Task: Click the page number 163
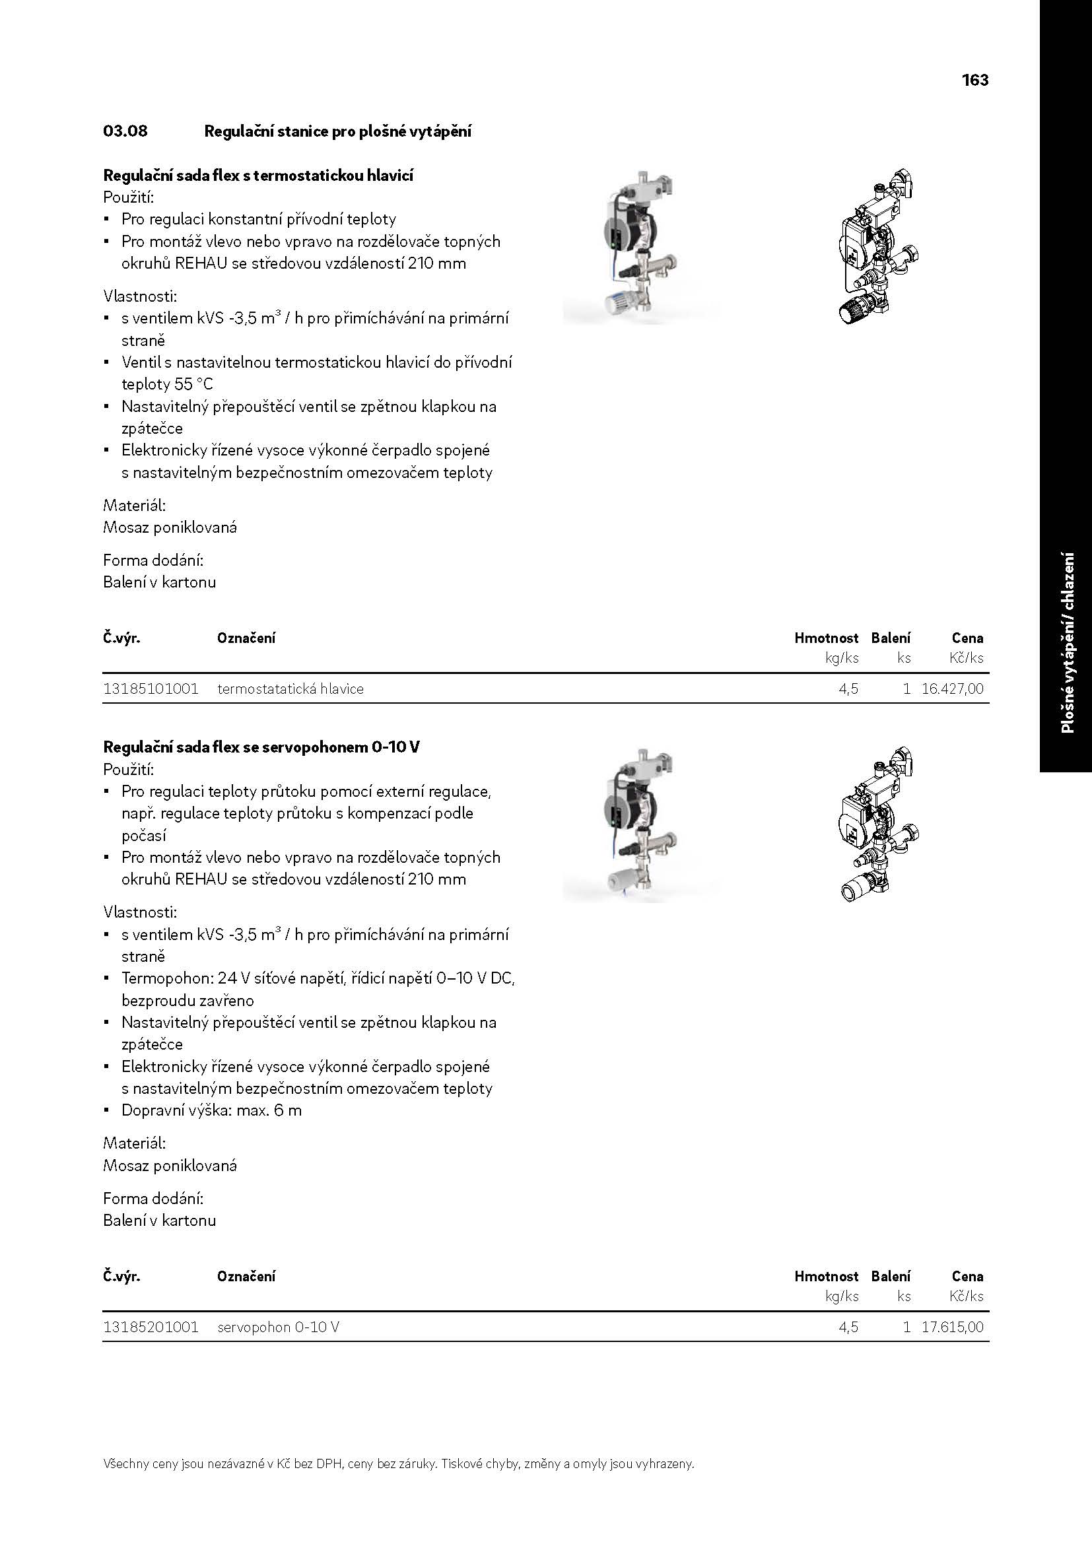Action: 974,80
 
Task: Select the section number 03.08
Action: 125,131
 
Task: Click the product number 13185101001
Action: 151,688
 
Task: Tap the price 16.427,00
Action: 952,688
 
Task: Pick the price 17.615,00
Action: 952,1327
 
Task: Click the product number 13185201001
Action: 151,1327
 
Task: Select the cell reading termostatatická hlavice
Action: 290,688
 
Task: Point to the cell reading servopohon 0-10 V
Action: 279,1327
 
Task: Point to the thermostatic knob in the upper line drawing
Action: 851,311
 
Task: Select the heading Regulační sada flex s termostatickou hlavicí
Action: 258,176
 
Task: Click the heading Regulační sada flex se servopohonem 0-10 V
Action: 261,747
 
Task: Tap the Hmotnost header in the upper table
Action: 826,638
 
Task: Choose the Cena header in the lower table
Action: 967,1276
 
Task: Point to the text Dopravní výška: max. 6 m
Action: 211,1110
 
